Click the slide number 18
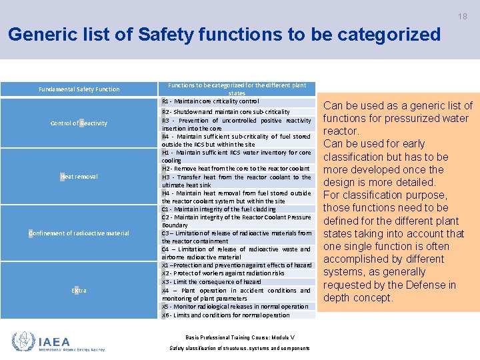click(462, 16)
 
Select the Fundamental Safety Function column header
click(79, 89)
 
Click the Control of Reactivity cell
click(79, 123)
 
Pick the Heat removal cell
click(79, 177)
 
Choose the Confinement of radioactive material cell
click(79, 233)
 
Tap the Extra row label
click(79, 291)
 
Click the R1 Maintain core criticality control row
click(210, 101)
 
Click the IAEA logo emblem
click(23, 341)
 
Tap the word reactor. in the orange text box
click(341, 131)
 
